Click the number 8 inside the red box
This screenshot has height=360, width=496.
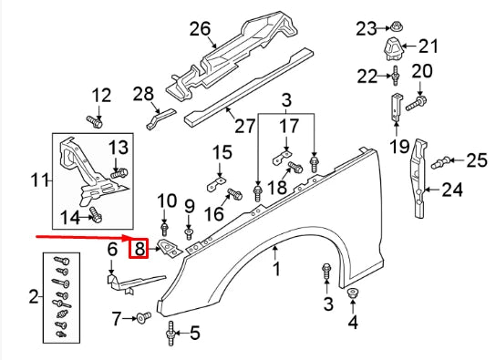coord(139,248)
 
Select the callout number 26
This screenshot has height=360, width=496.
coord(200,30)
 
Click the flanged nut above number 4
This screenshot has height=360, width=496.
coord(354,293)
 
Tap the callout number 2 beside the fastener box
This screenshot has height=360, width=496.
coord(34,296)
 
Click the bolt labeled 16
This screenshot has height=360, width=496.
coord(232,193)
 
